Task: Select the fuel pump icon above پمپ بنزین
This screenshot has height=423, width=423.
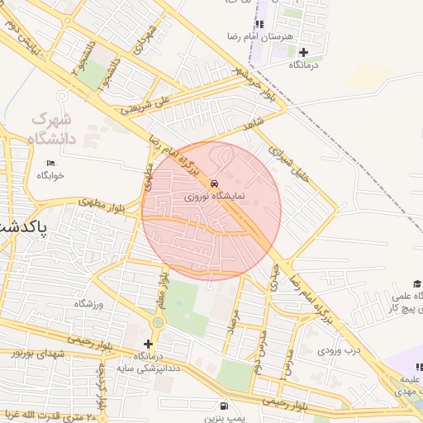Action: [224, 406]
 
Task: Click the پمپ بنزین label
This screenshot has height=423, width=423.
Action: [224, 418]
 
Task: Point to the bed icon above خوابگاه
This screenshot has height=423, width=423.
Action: [50, 163]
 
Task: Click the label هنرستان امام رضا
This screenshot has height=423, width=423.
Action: [261, 37]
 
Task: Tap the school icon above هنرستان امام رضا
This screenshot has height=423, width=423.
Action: [261, 24]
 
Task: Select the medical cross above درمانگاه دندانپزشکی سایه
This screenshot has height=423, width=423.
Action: [149, 344]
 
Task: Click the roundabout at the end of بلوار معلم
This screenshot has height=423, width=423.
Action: [159, 321]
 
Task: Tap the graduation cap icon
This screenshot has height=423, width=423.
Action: [418, 283]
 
